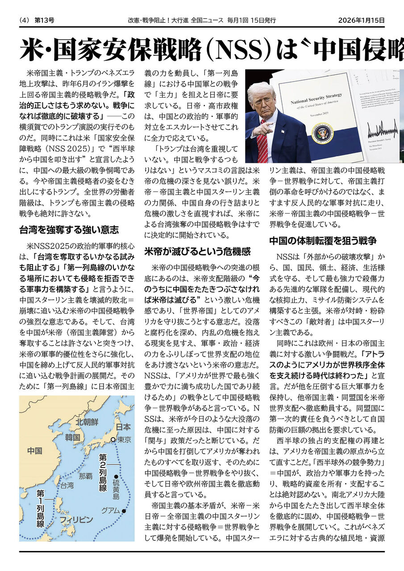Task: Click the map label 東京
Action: click(124, 440)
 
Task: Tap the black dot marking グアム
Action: click(124, 511)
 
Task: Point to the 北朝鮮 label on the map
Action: click(87, 422)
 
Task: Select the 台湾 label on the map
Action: click(67, 485)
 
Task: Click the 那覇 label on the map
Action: click(86, 476)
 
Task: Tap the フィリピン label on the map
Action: click(76, 520)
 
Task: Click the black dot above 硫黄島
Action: click(116, 477)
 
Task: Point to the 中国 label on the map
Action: click(34, 451)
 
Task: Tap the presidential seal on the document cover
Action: click(322, 134)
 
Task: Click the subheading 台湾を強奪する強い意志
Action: click(69, 230)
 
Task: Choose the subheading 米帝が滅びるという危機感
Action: click(197, 251)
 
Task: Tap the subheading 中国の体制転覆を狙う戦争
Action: click(323, 240)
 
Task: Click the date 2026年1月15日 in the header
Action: click(361, 20)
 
